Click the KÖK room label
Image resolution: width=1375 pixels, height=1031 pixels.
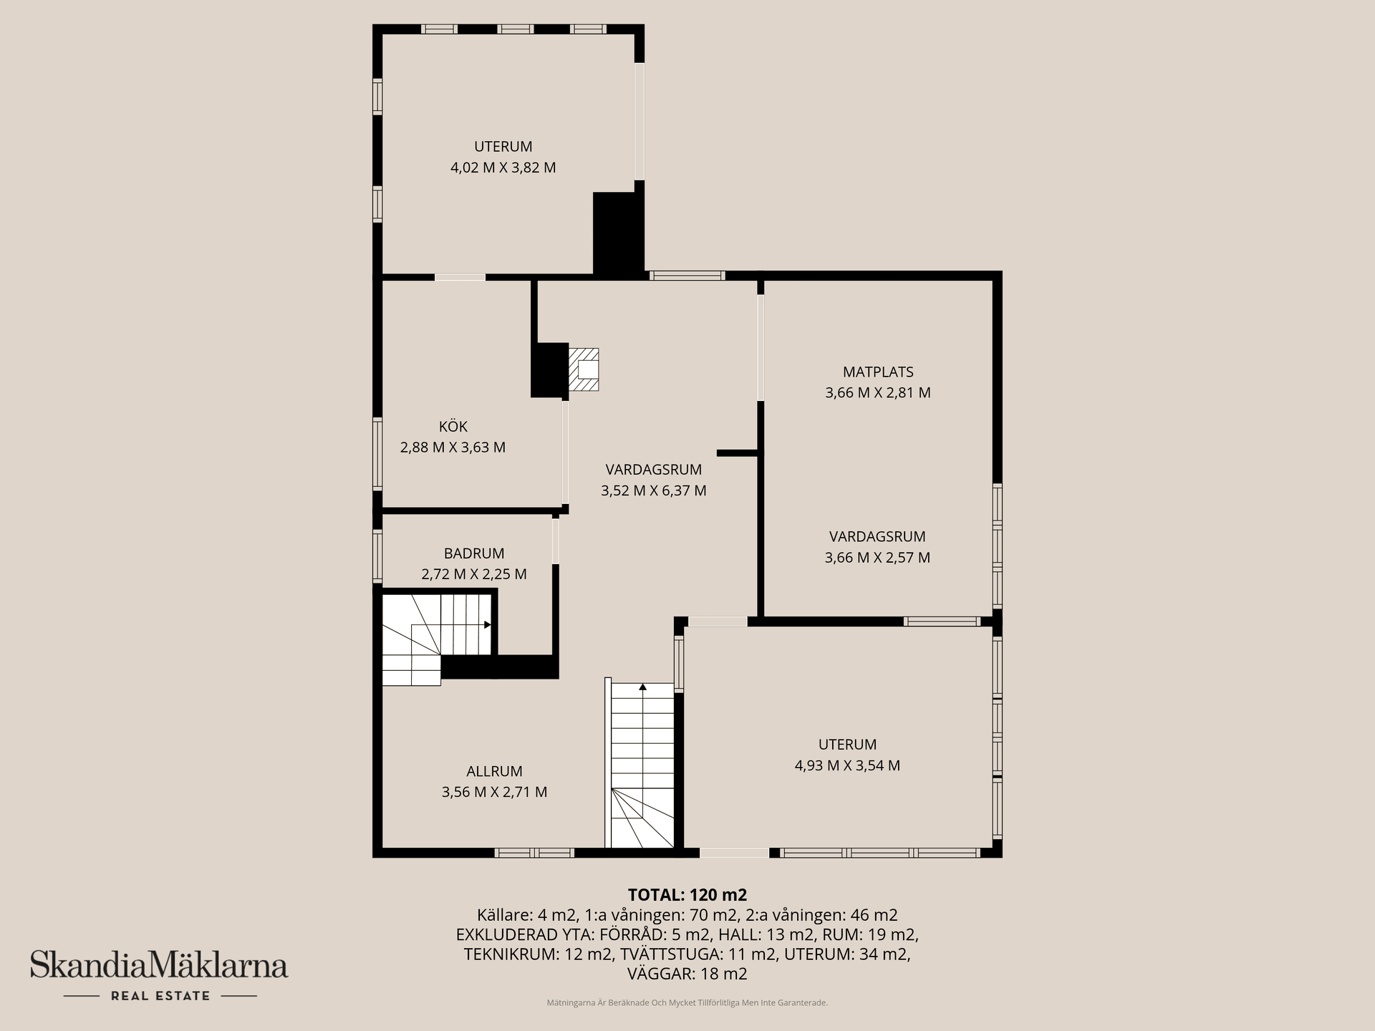click(x=453, y=427)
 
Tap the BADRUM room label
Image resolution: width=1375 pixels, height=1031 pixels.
click(x=474, y=553)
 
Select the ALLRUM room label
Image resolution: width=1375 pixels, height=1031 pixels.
click(x=494, y=771)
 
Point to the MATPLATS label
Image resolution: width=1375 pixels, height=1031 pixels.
click(x=878, y=372)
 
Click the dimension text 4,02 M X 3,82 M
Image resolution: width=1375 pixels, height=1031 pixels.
click(x=503, y=168)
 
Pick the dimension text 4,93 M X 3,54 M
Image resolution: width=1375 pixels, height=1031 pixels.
click(x=847, y=765)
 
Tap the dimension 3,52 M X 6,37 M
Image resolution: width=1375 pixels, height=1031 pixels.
click(x=653, y=490)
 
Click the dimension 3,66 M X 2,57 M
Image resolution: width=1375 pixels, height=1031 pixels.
click(x=877, y=557)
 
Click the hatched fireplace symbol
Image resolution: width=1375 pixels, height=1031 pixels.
click(x=583, y=369)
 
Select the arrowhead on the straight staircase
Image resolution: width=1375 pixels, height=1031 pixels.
click(x=642, y=687)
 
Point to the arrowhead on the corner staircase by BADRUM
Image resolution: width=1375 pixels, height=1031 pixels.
click(x=488, y=624)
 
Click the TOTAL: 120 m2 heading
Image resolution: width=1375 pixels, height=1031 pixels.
click(x=687, y=895)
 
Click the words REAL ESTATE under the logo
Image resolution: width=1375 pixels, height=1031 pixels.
click(x=160, y=996)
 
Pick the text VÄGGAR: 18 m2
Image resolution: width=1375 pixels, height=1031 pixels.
click(x=687, y=974)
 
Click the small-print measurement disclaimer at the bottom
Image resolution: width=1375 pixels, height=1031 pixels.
click(x=687, y=1003)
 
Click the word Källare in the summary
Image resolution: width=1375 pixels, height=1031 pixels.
click(x=503, y=915)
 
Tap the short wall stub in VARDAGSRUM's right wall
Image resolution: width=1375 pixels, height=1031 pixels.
click(x=738, y=452)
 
